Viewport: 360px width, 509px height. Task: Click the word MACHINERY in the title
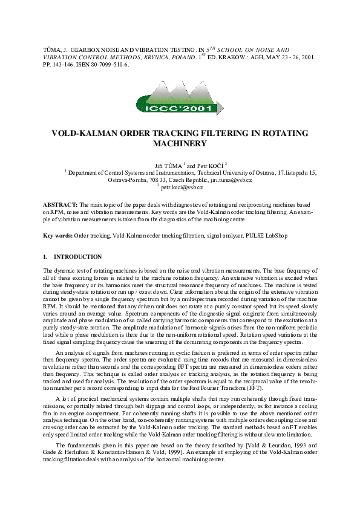tap(180, 144)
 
